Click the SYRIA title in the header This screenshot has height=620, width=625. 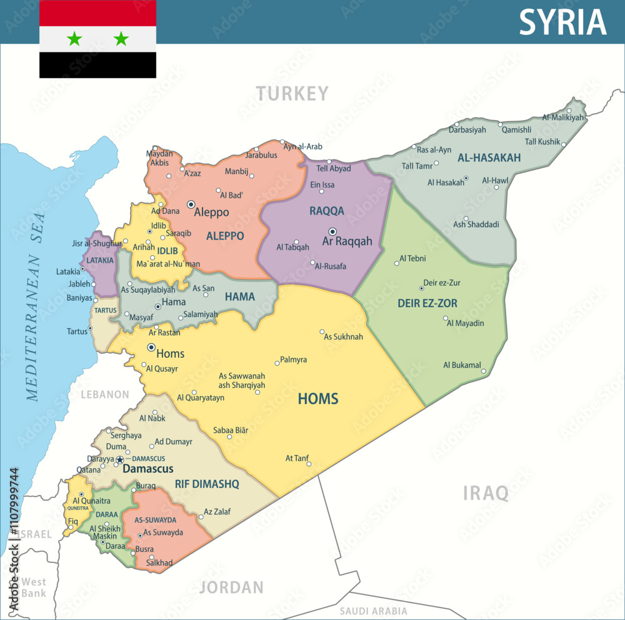tap(562, 23)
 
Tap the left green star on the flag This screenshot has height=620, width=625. tap(74, 39)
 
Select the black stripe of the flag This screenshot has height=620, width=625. tap(97, 64)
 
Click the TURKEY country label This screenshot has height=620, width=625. tap(292, 94)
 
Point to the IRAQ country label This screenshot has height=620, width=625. tap(486, 493)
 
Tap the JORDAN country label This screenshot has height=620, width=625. tap(231, 587)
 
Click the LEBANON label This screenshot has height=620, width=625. tap(105, 395)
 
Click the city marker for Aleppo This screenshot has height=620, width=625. tap(191, 204)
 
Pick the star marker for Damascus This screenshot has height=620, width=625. tap(120, 460)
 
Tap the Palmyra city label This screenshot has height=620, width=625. tap(293, 360)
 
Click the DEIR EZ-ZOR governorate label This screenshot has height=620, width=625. tap(427, 303)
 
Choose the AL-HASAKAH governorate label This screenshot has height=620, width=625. tap(489, 158)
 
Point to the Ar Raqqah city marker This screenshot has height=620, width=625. tap(332, 231)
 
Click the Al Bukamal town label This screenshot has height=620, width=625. tap(462, 365)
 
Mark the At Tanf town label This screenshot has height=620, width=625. tap(297, 458)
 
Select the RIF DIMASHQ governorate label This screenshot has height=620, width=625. tap(207, 484)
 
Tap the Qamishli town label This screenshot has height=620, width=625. tap(516, 130)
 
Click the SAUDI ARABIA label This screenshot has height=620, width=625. tap(373, 611)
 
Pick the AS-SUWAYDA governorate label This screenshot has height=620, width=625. tap(156, 520)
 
